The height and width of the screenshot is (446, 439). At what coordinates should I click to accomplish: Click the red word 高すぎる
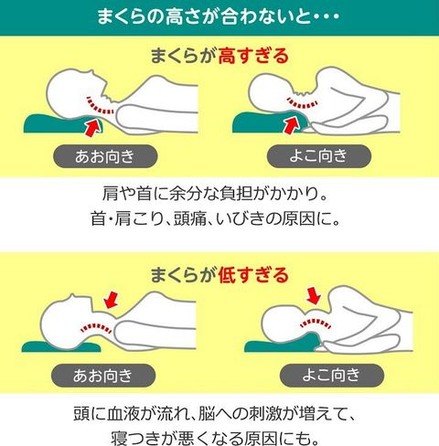(x=253, y=56)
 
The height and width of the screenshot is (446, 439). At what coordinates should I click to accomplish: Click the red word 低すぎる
(x=253, y=275)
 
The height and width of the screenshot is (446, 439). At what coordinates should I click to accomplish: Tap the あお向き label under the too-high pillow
(x=105, y=156)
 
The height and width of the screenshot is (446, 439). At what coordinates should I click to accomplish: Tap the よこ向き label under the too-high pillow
(x=319, y=155)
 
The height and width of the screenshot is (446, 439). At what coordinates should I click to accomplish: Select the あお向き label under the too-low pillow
(x=103, y=376)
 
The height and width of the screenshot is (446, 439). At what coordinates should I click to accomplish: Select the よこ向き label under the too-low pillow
(x=332, y=375)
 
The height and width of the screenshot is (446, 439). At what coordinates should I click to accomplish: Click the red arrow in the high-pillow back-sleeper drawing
(x=93, y=127)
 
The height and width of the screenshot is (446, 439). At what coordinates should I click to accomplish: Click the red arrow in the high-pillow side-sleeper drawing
(x=291, y=125)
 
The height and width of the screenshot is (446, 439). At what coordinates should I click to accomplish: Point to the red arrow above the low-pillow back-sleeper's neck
(x=111, y=300)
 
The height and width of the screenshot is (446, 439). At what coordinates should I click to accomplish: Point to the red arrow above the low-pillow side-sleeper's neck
(x=314, y=295)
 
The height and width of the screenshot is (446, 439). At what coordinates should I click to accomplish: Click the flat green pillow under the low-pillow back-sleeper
(x=61, y=347)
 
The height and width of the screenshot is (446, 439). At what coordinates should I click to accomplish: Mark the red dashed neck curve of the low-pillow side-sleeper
(x=316, y=322)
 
